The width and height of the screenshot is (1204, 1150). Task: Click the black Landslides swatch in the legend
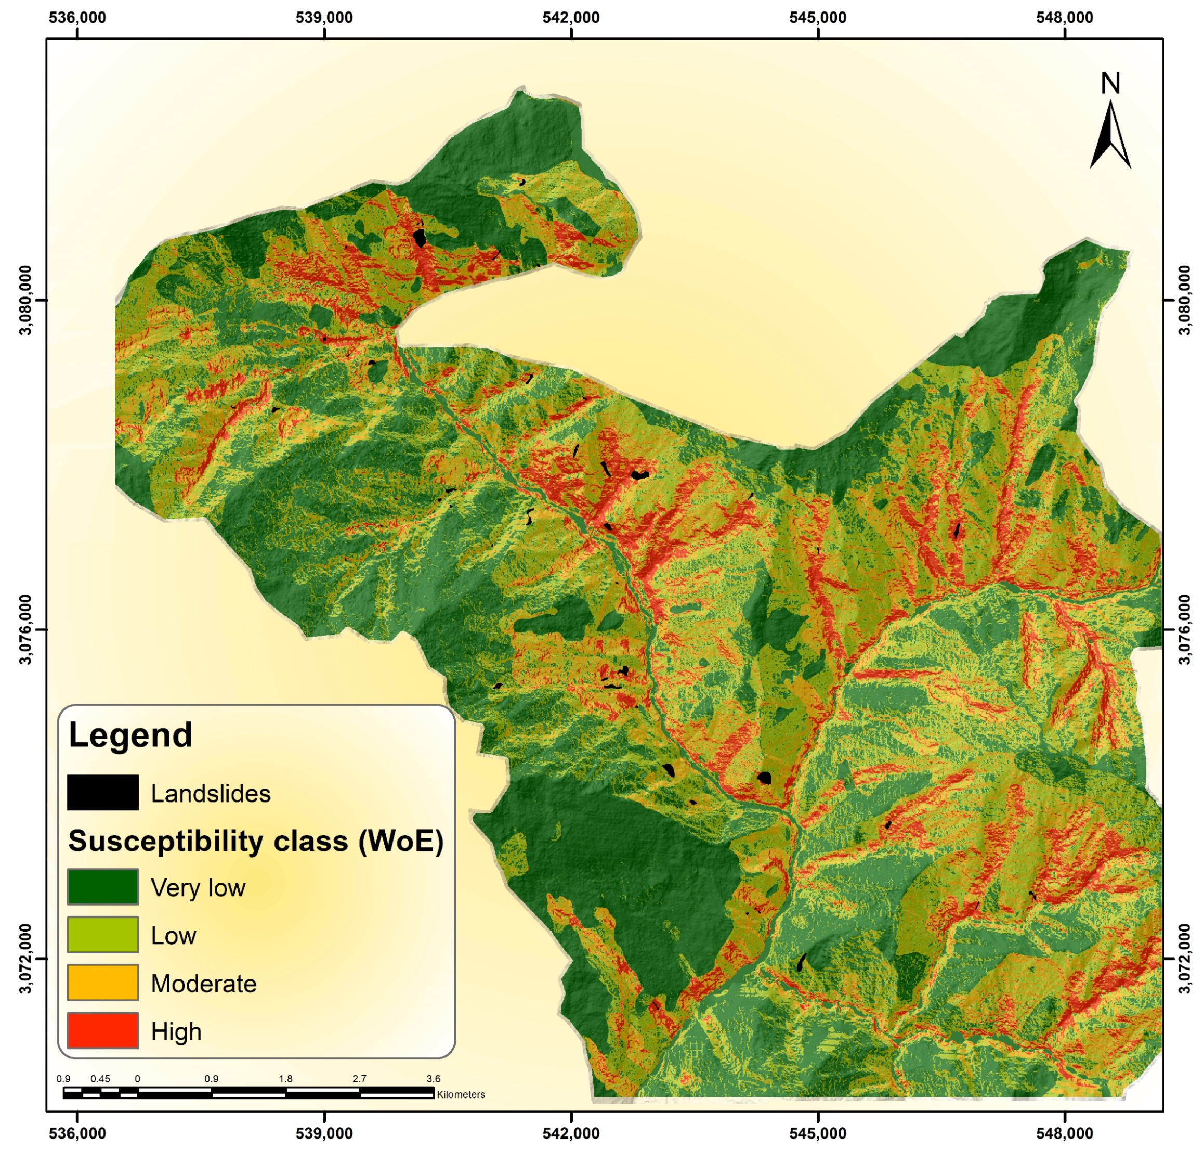(x=102, y=792)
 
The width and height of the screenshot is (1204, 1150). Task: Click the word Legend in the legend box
(x=130, y=734)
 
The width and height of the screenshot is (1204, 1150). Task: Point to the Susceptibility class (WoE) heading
(x=255, y=841)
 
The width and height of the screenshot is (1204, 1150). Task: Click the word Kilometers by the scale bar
(x=460, y=1094)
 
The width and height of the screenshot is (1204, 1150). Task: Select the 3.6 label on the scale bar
(x=433, y=1078)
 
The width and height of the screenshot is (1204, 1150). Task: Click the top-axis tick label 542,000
(x=570, y=17)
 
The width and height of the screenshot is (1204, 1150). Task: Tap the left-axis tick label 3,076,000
(x=26, y=629)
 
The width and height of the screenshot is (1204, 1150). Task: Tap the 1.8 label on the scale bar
(x=285, y=1078)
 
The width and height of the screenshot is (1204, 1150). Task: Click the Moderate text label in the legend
(x=203, y=983)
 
